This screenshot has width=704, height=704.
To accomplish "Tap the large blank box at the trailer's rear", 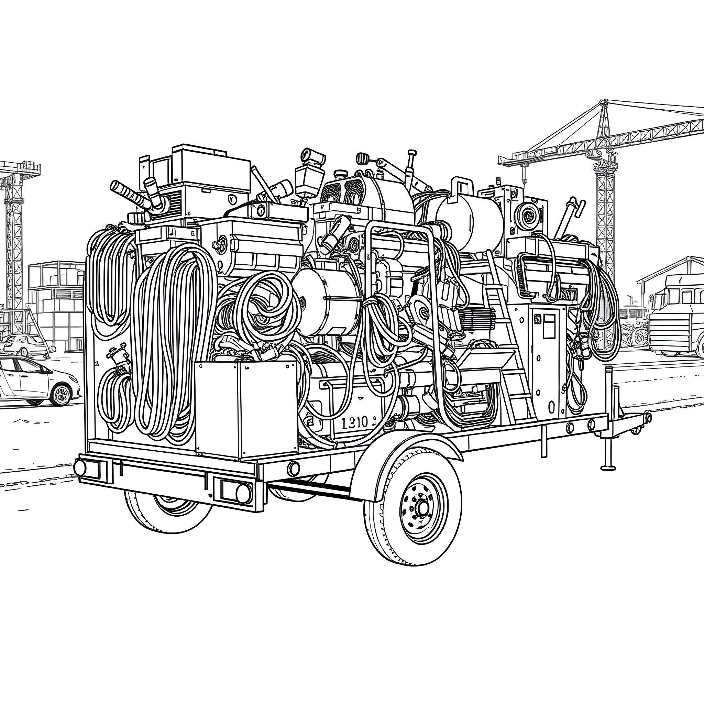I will pyautogui.click(x=246, y=408).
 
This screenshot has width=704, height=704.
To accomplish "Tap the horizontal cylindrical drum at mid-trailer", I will pyautogui.click(x=328, y=302).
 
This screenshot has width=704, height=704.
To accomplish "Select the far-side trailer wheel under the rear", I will pyautogui.click(x=168, y=510).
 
